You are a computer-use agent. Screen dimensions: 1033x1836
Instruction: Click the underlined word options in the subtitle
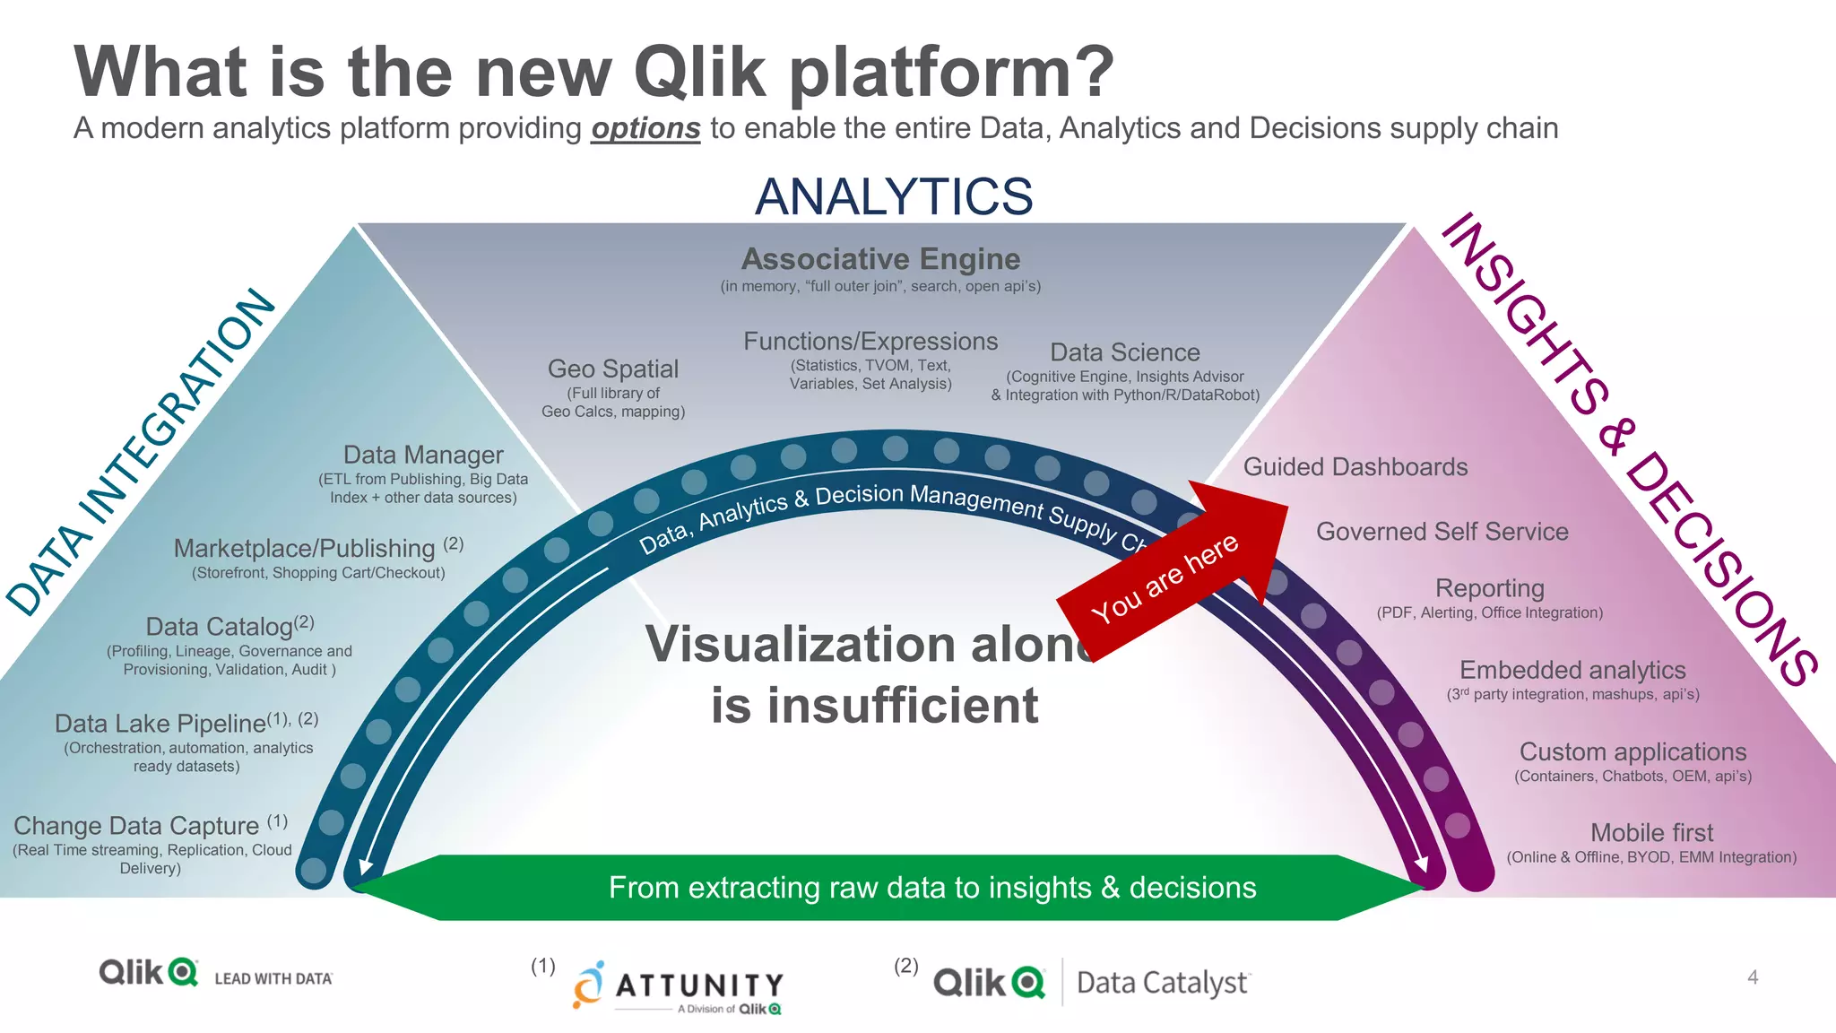click(x=645, y=128)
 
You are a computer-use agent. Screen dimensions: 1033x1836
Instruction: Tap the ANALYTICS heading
click(x=894, y=196)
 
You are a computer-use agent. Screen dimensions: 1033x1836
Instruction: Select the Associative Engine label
click(x=880, y=259)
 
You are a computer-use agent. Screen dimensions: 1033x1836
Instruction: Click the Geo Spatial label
click(x=613, y=369)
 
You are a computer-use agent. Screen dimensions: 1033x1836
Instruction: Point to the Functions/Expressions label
click(x=870, y=342)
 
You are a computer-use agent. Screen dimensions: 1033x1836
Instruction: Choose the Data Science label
click(x=1124, y=352)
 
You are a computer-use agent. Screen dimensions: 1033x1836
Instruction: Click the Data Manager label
click(x=423, y=455)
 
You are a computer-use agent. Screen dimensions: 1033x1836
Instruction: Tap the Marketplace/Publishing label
click(x=305, y=548)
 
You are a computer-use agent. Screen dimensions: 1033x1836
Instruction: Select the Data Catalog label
click(x=220, y=626)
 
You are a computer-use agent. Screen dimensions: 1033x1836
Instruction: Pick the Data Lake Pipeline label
click(x=161, y=723)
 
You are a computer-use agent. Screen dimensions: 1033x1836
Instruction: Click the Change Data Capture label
click(x=136, y=825)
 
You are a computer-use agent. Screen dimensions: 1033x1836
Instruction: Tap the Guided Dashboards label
click(x=1355, y=467)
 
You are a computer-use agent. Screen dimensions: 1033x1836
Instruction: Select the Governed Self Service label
click(x=1442, y=532)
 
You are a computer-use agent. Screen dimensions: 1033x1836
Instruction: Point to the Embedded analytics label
click(x=1572, y=670)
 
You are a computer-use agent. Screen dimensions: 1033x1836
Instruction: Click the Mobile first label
click(x=1651, y=832)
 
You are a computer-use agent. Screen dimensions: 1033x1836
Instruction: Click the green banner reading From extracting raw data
click(x=932, y=888)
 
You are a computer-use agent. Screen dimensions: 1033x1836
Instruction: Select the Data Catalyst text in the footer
click(x=1163, y=983)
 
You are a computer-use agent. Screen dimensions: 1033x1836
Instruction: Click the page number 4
click(x=1753, y=977)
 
